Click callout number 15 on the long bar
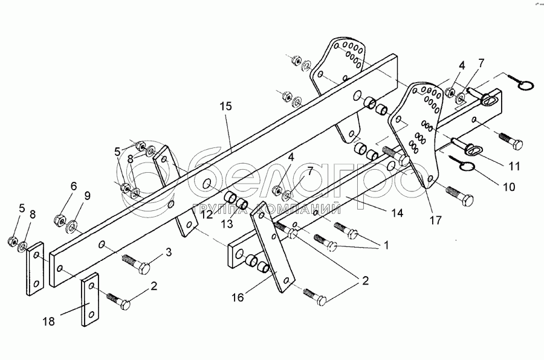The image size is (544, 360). [225, 106]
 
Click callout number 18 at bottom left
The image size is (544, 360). [49, 322]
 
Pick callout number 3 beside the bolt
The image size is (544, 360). [169, 251]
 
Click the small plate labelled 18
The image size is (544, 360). [91, 300]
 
